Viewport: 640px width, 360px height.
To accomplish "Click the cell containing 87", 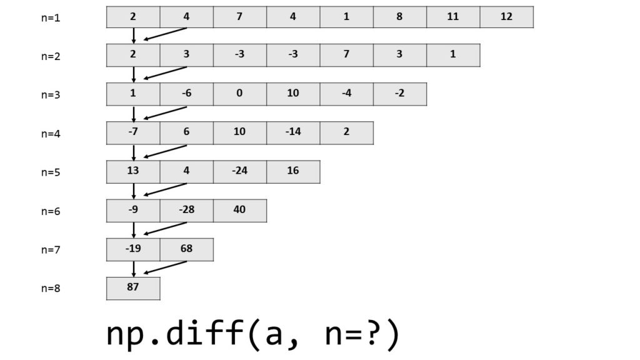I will point(133,288).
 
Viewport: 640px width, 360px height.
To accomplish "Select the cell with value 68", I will point(186,249).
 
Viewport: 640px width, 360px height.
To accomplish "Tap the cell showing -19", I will point(133,249).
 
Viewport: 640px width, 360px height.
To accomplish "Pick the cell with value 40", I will point(239,210).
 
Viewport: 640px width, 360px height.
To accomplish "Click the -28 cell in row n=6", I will point(186,210).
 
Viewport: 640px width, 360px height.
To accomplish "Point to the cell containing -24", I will point(239,171).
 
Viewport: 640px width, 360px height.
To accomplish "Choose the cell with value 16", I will point(293,171).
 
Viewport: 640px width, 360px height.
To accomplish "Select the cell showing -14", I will point(293,132).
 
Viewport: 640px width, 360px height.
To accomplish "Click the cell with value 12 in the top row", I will point(506,17).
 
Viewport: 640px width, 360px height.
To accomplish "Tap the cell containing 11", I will point(453,17).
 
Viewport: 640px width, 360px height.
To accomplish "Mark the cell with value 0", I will point(239,94).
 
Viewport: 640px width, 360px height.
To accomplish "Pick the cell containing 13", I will point(133,171).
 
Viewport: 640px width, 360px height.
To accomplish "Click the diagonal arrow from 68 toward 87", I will point(165,267).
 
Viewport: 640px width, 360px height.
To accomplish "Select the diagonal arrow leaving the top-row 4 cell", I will point(165,35).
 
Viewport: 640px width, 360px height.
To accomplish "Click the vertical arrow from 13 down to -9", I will point(134,191).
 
